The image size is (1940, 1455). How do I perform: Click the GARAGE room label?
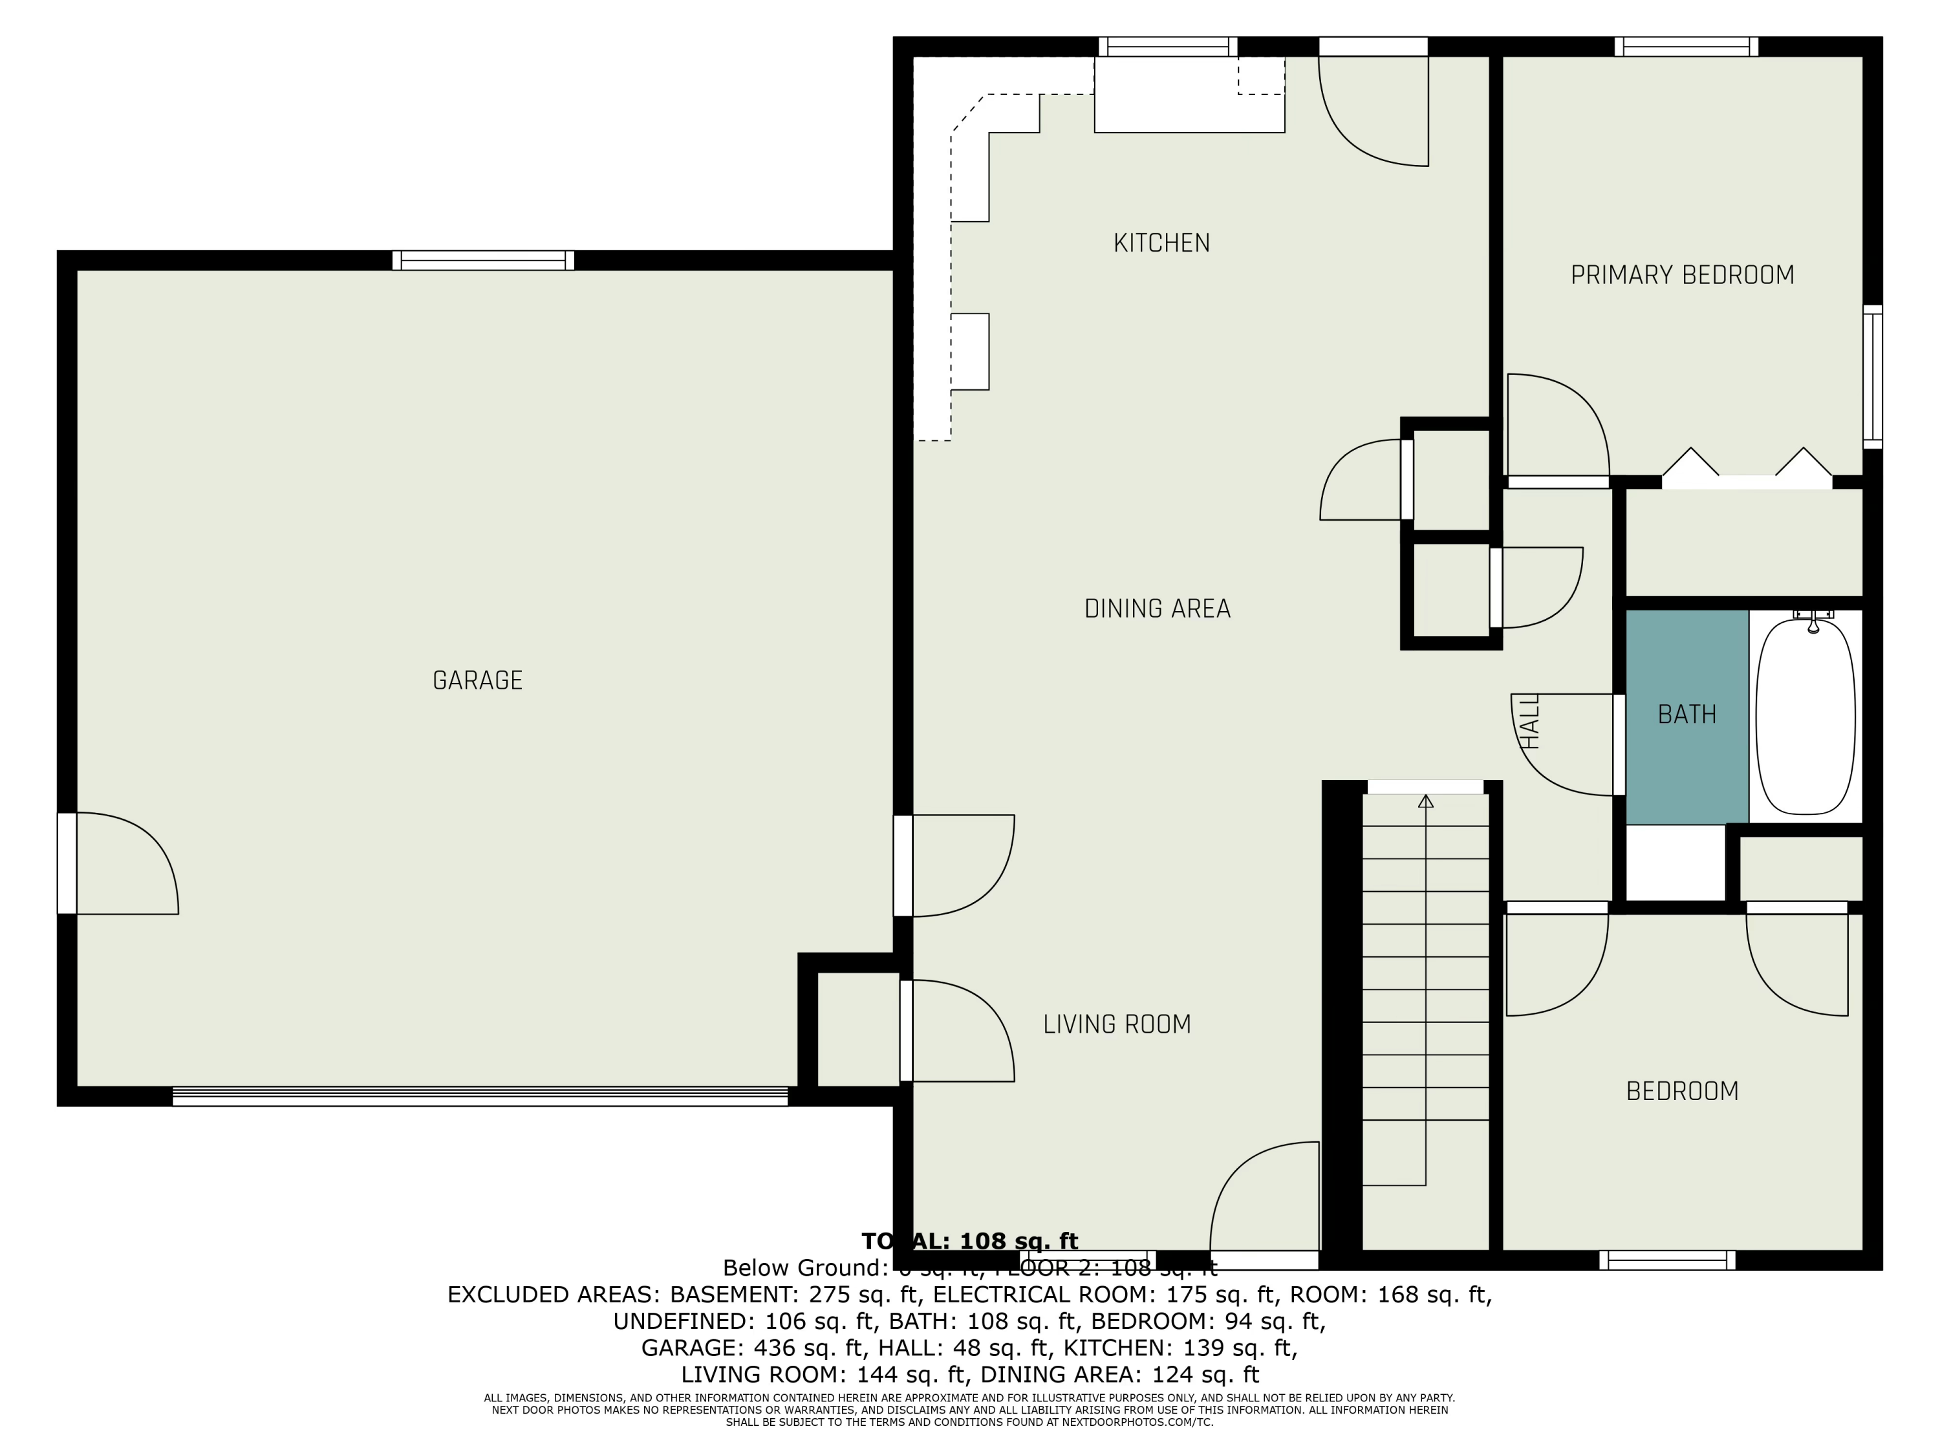[x=477, y=680]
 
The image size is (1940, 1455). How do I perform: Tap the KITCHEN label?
[x=1161, y=243]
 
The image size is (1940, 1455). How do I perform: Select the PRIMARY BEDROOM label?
[x=1681, y=275]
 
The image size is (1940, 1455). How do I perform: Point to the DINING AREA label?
[x=1157, y=609]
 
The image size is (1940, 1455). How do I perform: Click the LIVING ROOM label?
[x=1116, y=1024]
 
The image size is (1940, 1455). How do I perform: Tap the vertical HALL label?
[x=1529, y=721]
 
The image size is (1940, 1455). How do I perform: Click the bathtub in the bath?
[x=1805, y=717]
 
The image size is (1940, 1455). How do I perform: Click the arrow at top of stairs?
[x=1425, y=801]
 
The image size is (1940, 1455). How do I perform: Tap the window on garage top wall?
[x=482, y=261]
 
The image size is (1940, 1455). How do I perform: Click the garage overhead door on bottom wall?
[x=480, y=1096]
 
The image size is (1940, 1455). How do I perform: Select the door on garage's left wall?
[x=67, y=863]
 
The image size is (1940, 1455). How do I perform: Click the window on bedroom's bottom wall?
[x=1666, y=1260]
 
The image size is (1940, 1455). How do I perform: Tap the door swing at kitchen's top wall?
[x=1374, y=105]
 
